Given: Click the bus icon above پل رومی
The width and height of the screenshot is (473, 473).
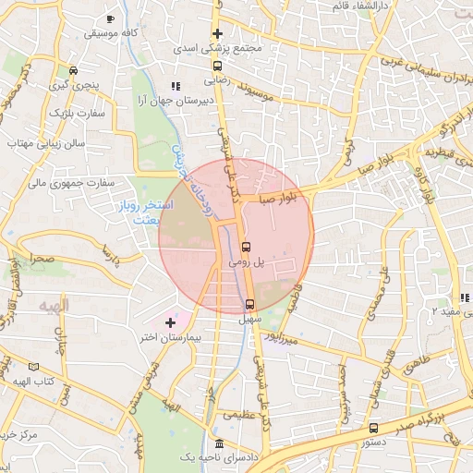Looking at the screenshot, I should click(246, 248).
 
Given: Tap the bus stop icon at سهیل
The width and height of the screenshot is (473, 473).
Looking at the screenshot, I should click(249, 305).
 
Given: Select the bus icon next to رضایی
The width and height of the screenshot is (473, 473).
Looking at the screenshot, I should click(217, 67).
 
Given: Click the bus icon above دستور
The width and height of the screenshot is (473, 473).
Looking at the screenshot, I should click(373, 428).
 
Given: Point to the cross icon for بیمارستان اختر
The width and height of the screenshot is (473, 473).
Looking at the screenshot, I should click(169, 322).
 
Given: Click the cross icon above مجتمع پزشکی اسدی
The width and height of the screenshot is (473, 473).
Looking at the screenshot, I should click(217, 34).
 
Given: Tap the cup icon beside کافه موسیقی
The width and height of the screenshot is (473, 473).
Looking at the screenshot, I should click(110, 19).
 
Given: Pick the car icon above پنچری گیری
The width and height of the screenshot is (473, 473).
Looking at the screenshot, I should click(73, 70).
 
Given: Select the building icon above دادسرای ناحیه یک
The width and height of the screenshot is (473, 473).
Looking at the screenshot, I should click(218, 443).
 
